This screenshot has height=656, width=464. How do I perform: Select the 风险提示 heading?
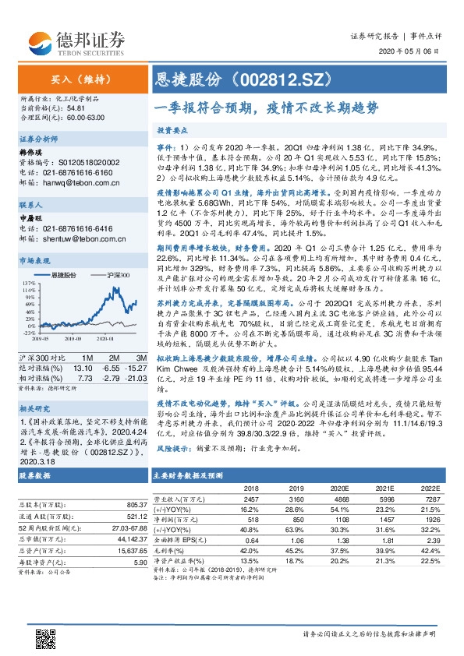click(x=171, y=450)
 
